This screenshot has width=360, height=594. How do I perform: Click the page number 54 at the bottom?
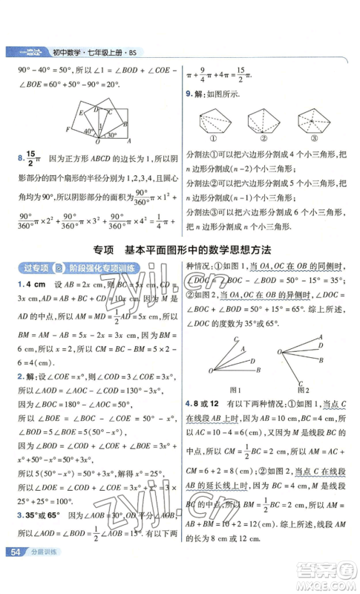point(15,572)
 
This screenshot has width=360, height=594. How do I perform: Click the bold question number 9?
point(189,94)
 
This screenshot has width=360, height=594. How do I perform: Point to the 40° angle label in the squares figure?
point(88,131)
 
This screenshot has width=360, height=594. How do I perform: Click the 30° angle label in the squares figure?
point(111,136)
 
